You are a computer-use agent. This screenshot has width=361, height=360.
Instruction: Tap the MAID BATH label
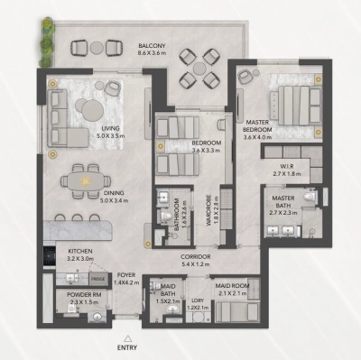168,290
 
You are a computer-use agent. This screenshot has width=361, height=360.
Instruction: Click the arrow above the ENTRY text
129,336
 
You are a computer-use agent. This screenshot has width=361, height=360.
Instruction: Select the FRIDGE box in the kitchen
97,281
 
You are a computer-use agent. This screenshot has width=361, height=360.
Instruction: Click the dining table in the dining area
87,180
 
